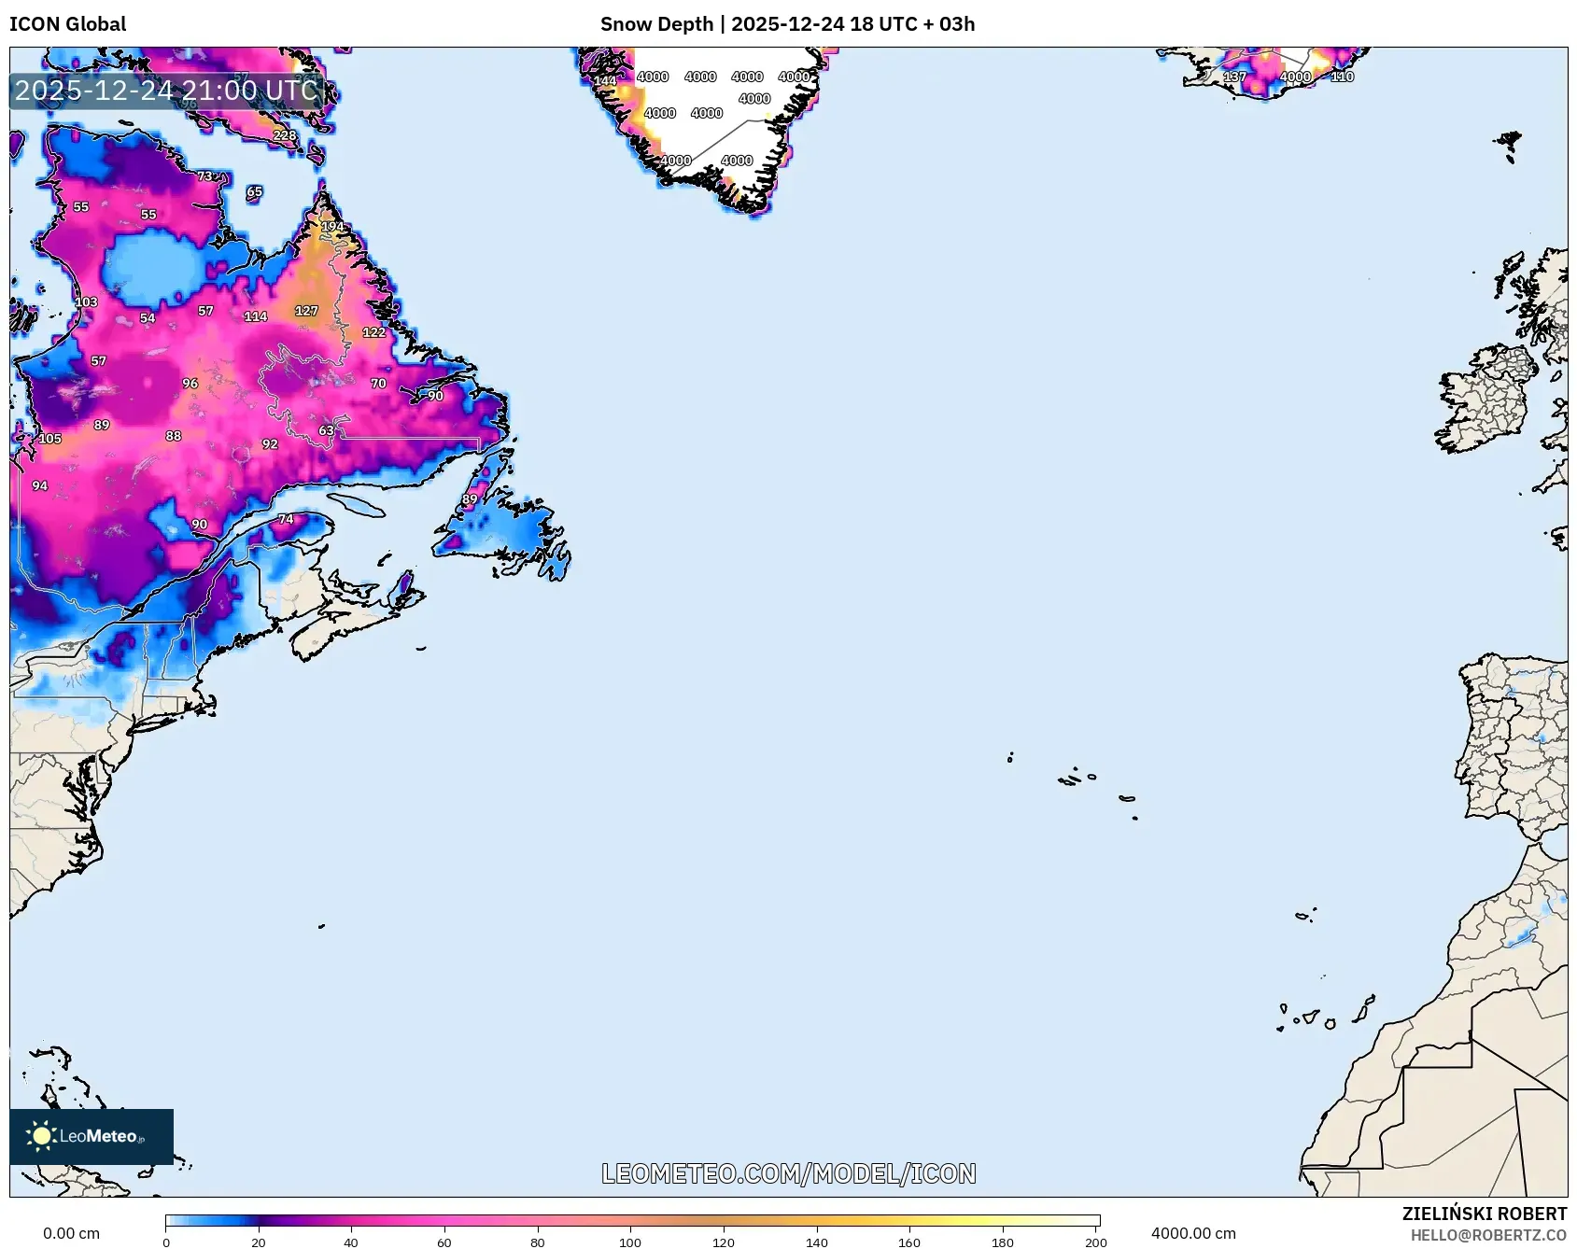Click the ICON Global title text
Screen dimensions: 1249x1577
pyautogui.click(x=67, y=24)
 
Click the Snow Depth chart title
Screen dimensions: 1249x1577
pyautogui.click(x=787, y=24)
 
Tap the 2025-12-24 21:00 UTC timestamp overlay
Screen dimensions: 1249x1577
pyautogui.click(x=166, y=91)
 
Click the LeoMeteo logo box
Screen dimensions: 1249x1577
pyautogui.click(x=92, y=1136)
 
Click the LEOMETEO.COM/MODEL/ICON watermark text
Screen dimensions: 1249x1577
pyautogui.click(x=788, y=1173)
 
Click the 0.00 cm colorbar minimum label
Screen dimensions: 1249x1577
pyautogui.click(x=71, y=1233)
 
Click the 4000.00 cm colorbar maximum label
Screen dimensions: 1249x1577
pyautogui.click(x=1192, y=1233)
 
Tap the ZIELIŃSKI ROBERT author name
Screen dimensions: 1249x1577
pyautogui.click(x=1484, y=1214)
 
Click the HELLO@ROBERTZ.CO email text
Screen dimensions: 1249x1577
pyautogui.click(x=1487, y=1235)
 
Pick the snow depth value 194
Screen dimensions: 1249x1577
pyautogui.click(x=332, y=227)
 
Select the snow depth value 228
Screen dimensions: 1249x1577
pyautogui.click(x=285, y=135)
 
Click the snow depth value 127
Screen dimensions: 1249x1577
pyautogui.click(x=306, y=311)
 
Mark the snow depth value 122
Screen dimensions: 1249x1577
pyautogui.click(x=373, y=332)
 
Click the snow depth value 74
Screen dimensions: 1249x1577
pyautogui.click(x=286, y=519)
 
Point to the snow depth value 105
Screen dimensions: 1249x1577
pyautogui.click(x=49, y=439)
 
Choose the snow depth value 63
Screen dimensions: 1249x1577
pyautogui.click(x=326, y=430)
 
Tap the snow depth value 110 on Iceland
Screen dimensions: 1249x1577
pyautogui.click(x=1342, y=77)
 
